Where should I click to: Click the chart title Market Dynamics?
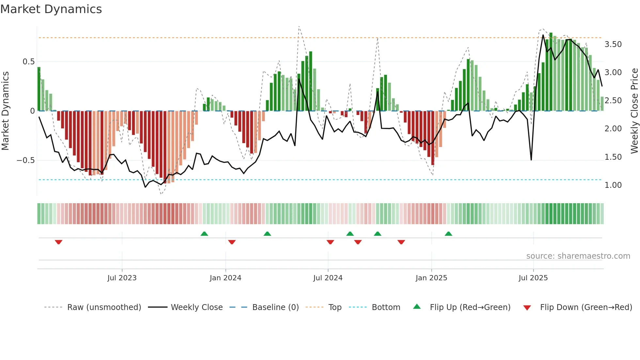coord(51,9)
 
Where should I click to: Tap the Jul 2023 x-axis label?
coord(122,278)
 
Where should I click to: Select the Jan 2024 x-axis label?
coord(225,278)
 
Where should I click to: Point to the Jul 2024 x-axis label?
coord(328,278)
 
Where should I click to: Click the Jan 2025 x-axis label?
coord(431,278)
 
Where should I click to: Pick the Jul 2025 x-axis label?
coord(533,278)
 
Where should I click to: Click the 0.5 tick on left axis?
coord(28,62)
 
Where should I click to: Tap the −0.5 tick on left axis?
coord(25,160)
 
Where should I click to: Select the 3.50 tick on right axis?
coord(613,44)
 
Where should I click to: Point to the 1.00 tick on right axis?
coord(613,185)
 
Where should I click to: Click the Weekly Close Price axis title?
coord(634,111)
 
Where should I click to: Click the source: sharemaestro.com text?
coord(578,256)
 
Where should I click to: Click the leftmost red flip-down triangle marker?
coord(58,242)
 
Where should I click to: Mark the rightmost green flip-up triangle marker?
coord(448,234)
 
